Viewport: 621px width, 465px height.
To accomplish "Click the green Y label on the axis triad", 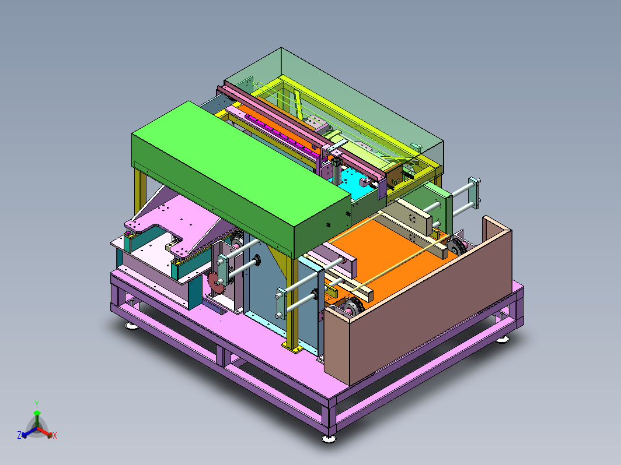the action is point(37,404).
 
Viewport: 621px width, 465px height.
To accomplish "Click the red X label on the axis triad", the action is point(55,435).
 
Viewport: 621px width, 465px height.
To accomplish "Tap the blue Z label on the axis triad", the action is point(19,435).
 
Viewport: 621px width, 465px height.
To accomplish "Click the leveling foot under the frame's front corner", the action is point(329,438).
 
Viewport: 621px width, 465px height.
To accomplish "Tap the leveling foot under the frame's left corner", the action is point(131,326).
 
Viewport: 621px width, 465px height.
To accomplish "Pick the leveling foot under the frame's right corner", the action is point(503,339).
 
